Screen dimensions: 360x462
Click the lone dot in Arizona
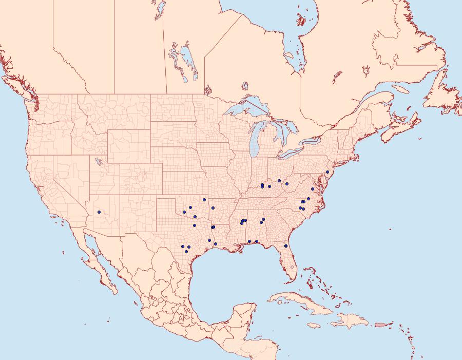coord(99,212)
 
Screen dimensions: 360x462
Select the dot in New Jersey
coord(327,172)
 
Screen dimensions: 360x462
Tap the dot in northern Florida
coord(285,247)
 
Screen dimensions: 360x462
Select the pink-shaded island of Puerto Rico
coord(380,324)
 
